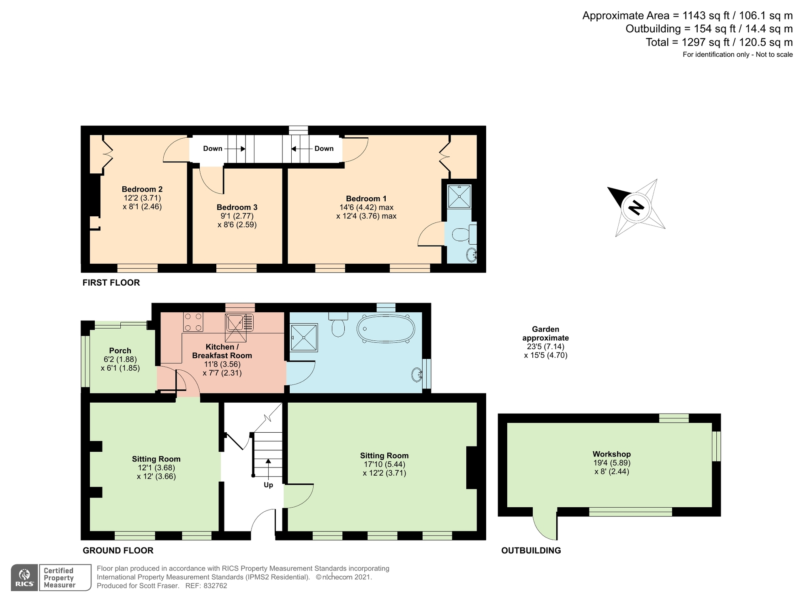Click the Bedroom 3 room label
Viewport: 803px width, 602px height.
click(237, 207)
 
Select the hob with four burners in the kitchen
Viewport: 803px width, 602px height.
click(193, 322)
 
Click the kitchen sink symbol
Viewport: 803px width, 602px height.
click(235, 323)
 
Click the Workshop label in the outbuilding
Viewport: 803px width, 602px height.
click(611, 454)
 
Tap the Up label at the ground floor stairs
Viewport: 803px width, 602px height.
click(268, 485)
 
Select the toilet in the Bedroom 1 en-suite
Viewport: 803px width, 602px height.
click(462, 235)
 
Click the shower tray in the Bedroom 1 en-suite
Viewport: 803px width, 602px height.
click(459, 196)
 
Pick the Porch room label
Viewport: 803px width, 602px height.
click(120, 351)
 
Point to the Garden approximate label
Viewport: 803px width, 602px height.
click(545, 334)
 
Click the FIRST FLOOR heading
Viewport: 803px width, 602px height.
click(111, 283)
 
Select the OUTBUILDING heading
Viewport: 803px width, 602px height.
click(531, 551)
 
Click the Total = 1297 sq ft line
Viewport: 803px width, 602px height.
click(719, 42)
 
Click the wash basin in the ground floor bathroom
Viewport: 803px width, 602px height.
click(416, 375)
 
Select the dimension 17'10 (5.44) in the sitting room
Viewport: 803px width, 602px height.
click(384, 464)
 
